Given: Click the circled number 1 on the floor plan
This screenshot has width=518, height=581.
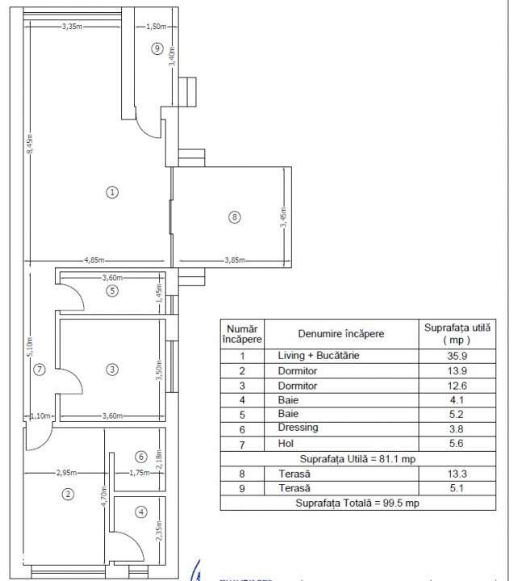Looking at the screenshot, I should point(112,192).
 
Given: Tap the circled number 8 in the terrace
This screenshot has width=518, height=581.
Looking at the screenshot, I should point(234,216).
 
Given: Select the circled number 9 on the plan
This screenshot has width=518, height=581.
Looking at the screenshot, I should point(157,49).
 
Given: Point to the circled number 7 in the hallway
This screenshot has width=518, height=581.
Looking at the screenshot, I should point(40,370).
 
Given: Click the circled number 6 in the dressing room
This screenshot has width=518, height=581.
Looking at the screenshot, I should point(140,457).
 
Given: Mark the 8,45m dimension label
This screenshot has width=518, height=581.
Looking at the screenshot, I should point(29,143).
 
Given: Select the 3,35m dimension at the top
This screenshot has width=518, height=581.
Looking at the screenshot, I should point(73,27).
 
